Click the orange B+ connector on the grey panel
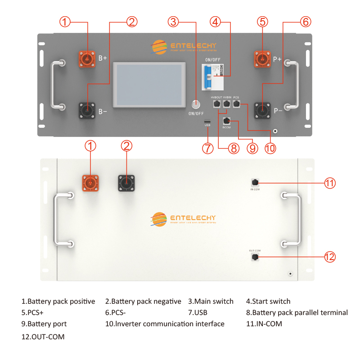87,59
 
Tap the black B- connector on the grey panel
87,109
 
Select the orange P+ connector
261,59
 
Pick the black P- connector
261,109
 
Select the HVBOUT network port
216,104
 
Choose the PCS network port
237,104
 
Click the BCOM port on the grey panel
226,121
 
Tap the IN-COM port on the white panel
255,182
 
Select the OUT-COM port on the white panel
255,256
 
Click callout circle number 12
330,257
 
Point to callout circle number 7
207,148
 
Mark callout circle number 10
270,148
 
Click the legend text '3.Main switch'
211,301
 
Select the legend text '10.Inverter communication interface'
165,324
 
